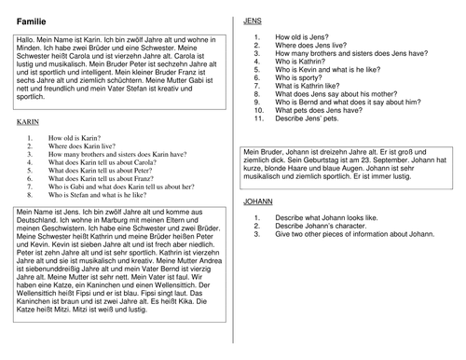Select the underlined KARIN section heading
pos(27,121)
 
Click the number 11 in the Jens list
pos(258,122)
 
